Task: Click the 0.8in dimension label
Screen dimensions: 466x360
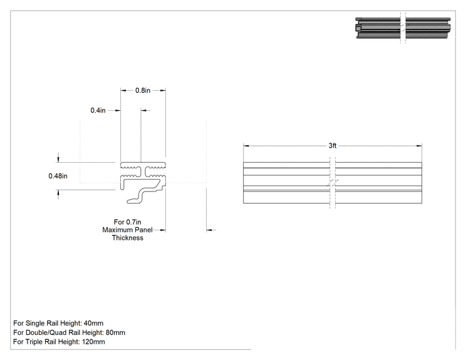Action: click(x=143, y=90)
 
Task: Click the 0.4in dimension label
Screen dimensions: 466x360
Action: click(x=98, y=110)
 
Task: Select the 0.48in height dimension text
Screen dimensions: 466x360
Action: click(x=58, y=176)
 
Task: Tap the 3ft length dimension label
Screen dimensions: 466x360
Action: click(x=333, y=145)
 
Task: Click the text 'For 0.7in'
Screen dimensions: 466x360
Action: click(x=128, y=222)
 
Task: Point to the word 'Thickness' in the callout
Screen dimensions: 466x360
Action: click(x=128, y=238)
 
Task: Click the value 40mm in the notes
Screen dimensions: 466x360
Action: click(x=93, y=323)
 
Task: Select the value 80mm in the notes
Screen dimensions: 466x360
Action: click(x=115, y=332)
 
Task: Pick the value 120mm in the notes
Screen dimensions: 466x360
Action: click(x=93, y=342)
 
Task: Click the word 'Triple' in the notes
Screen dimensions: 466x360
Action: click(x=35, y=342)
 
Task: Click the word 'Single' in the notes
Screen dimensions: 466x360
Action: click(x=35, y=323)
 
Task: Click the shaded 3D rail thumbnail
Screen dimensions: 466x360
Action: click(x=403, y=28)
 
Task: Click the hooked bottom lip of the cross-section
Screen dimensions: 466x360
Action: click(x=140, y=197)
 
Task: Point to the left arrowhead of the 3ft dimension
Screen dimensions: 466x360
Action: click(x=246, y=145)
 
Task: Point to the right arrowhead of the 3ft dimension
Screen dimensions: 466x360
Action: click(x=419, y=145)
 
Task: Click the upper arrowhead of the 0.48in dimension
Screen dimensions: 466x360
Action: click(x=58, y=160)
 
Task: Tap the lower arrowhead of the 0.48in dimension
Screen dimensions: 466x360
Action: click(x=58, y=193)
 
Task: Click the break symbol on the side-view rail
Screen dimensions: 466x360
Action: click(x=333, y=183)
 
